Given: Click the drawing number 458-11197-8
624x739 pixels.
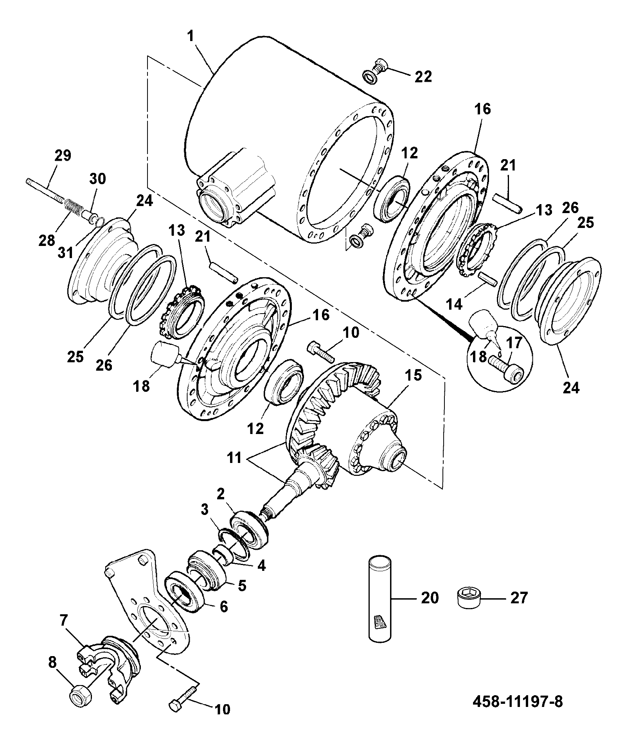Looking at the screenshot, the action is point(518,701).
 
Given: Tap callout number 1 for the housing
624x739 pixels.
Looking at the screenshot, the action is point(191,37).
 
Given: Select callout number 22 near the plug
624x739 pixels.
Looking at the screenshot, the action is point(423,76).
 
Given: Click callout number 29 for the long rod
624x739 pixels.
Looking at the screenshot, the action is point(63,156).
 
